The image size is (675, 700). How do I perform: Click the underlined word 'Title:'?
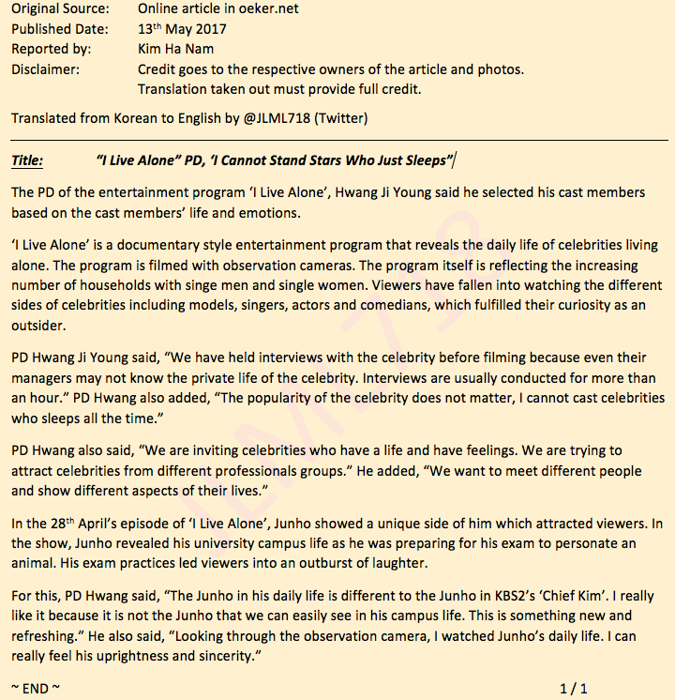click(x=27, y=160)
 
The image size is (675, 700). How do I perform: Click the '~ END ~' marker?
click(x=36, y=688)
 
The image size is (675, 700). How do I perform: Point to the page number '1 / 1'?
click(x=574, y=689)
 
